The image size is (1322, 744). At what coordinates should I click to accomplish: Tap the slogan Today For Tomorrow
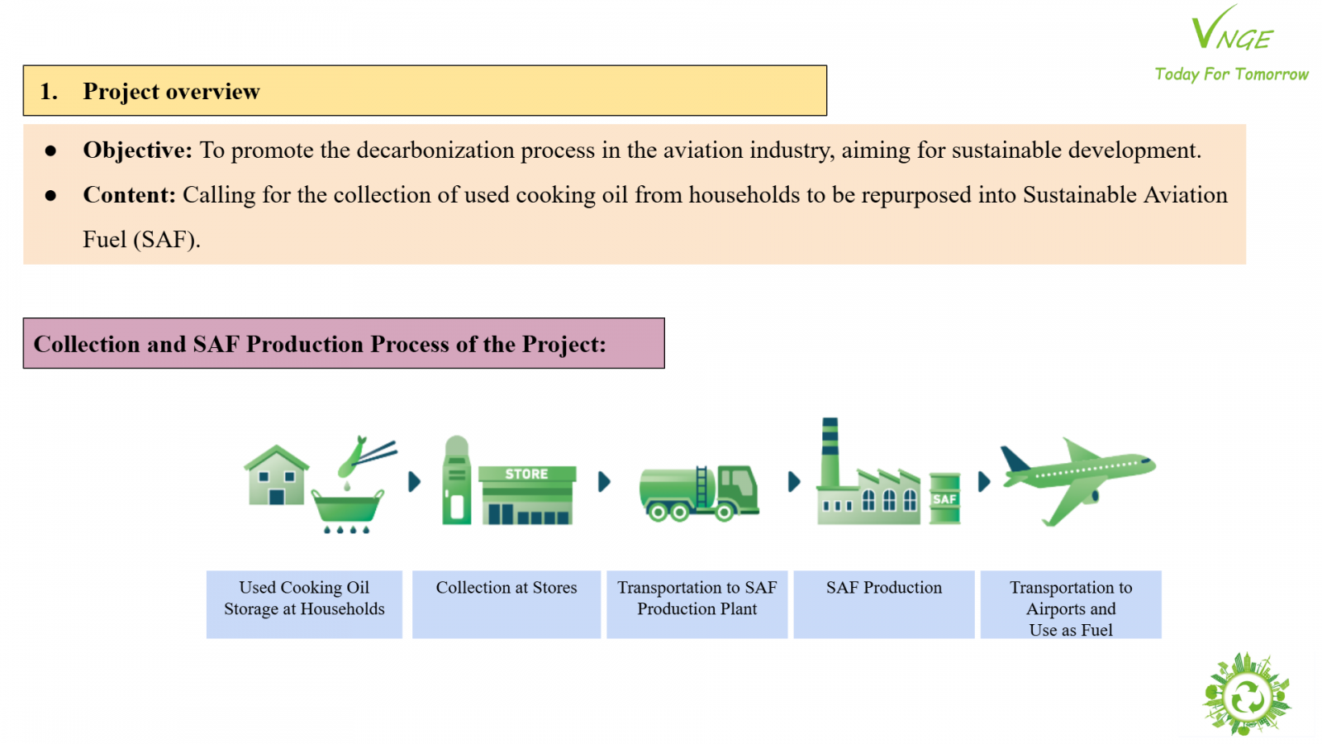pos(1231,74)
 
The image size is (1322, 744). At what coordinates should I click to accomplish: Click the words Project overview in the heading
pos(171,92)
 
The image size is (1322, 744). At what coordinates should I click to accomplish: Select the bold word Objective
pos(137,150)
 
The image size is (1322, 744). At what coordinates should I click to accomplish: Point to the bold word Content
pos(129,195)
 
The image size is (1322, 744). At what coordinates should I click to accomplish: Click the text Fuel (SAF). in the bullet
pos(141,240)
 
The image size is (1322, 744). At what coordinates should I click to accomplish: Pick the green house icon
pos(276,475)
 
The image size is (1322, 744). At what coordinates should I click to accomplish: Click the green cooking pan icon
pos(347,508)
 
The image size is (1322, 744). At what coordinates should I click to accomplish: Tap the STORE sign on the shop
pos(527,474)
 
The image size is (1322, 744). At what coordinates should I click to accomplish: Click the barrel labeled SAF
pos(945,498)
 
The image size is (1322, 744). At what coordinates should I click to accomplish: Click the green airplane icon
pos(1077,479)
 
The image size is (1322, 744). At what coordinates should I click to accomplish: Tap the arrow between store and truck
pos(604,482)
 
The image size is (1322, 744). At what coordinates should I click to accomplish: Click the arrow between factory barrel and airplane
pos(984,482)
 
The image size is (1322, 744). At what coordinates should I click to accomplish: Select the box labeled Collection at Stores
pos(506,604)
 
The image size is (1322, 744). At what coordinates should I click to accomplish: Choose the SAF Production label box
pos(884,604)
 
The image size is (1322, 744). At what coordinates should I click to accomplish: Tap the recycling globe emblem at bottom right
pos(1247,694)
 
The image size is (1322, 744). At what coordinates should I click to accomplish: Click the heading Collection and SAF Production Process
pos(319,344)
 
